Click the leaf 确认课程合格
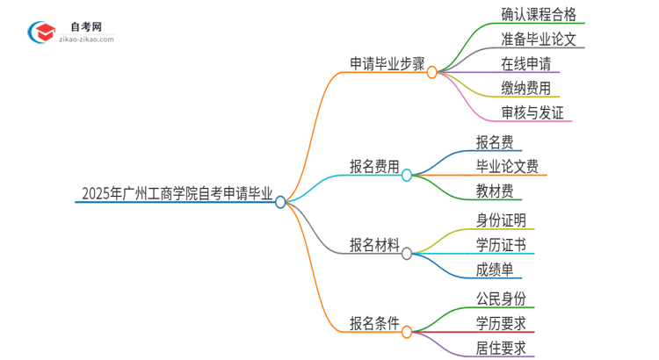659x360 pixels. point(531,14)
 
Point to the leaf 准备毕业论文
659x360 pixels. point(531,39)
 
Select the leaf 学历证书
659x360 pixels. point(501,244)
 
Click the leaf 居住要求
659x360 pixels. point(501,348)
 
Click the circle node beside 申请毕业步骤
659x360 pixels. point(431,73)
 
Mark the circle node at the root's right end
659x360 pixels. point(280,202)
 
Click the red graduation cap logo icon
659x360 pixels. point(41,33)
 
